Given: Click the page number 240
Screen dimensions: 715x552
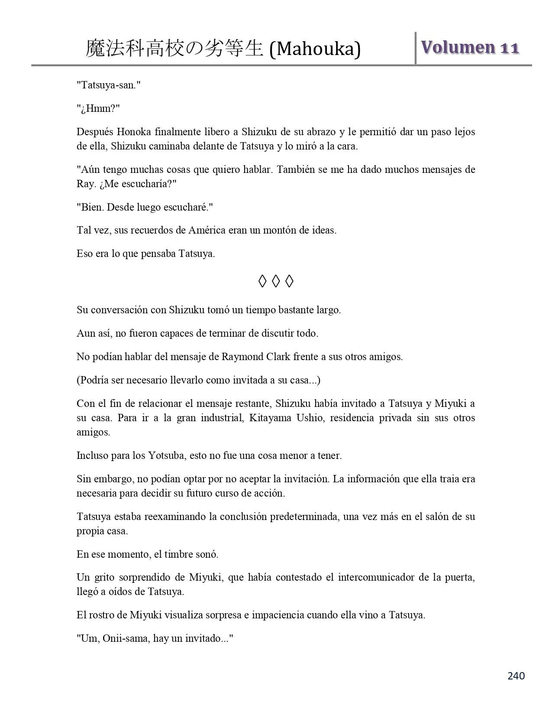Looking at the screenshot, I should point(516,676).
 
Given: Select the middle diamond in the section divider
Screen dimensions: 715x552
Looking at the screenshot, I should point(276,281).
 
